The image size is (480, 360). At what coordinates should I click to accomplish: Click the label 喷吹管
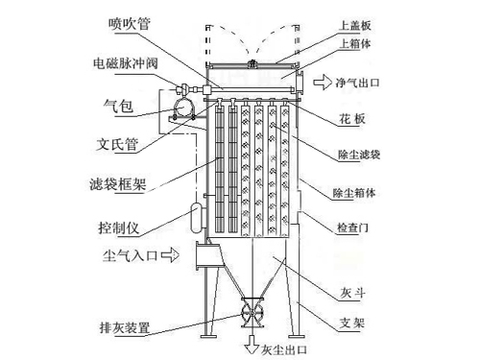[130, 23]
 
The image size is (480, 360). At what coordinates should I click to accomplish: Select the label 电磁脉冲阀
[126, 63]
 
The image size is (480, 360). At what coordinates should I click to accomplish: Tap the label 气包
[118, 106]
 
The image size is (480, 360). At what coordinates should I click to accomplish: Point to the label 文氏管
[117, 144]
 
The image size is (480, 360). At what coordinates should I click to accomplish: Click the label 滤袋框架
[117, 184]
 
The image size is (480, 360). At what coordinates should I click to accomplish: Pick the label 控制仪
[119, 228]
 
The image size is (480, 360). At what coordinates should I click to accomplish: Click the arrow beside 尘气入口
[170, 254]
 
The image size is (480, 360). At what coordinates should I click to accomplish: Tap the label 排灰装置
[125, 327]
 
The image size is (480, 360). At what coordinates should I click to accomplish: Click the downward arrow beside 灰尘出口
[252, 345]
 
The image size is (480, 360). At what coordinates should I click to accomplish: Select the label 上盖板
[355, 25]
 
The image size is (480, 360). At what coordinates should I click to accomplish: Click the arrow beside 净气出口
[323, 83]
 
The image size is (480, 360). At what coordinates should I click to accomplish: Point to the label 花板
[352, 119]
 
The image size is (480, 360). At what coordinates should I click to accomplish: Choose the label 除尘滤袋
[359, 155]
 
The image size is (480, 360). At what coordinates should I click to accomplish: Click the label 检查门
[352, 228]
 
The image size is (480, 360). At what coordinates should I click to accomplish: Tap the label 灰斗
[352, 293]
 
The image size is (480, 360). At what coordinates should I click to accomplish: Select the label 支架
[352, 323]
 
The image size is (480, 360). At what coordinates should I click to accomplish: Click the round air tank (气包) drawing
[182, 108]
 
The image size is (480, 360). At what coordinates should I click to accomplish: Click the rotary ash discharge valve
[252, 312]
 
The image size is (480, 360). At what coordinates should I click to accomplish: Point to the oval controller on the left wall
[196, 218]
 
